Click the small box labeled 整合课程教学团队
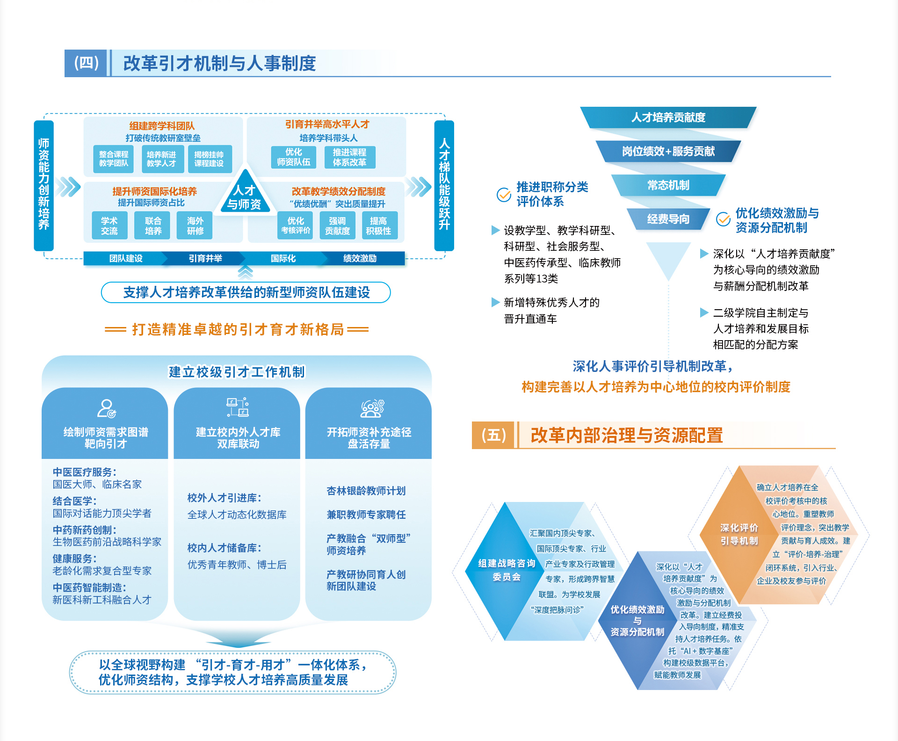coord(114,159)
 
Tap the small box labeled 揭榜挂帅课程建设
coord(209,159)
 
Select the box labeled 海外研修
coord(195,225)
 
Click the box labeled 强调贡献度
coord(337,225)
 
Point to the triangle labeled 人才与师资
coord(245,196)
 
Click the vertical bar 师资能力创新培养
coord(44,185)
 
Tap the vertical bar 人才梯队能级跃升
coord(444,185)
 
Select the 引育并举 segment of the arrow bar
coord(205,258)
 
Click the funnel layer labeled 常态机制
coord(668,185)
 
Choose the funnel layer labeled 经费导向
coord(668,219)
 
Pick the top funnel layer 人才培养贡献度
coord(668,117)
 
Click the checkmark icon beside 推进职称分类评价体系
coord(504,194)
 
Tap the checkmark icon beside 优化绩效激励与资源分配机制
coord(723,219)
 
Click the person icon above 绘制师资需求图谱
coord(106,408)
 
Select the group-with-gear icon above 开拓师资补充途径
coord(372,408)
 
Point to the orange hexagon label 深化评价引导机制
coord(739,534)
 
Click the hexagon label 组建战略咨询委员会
coord(507,570)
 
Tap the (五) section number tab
coord(494,435)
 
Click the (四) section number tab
coord(87,63)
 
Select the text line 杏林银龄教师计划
coord(366,491)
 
